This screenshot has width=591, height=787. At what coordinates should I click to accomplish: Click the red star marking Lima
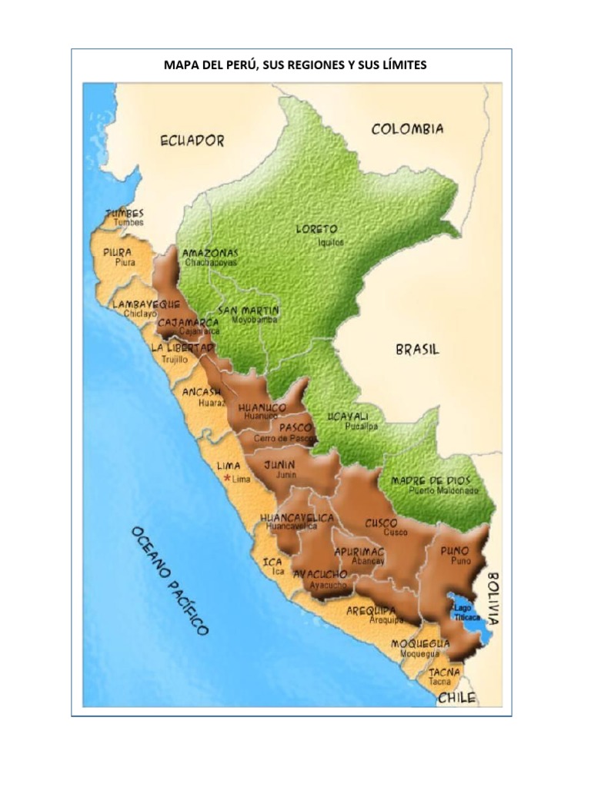(x=227, y=478)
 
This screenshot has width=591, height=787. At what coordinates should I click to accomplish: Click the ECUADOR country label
(x=192, y=141)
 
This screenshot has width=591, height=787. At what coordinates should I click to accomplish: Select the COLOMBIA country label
(x=407, y=129)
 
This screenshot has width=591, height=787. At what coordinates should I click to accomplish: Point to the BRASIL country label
(x=418, y=350)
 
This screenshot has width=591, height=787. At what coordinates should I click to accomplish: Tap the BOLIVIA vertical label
(x=492, y=598)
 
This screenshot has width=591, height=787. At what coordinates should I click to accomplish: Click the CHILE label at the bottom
(x=456, y=698)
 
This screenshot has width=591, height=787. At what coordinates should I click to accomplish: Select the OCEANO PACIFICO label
(x=169, y=580)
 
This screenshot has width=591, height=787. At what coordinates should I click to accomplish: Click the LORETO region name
(x=316, y=229)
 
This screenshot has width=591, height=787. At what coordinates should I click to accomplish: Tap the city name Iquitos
(x=332, y=242)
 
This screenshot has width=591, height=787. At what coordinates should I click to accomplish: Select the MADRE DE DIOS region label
(x=430, y=480)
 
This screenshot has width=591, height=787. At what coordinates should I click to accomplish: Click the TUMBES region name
(x=125, y=213)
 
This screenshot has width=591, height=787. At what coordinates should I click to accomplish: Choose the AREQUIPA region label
(x=371, y=610)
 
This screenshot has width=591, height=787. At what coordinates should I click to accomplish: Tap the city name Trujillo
(x=174, y=359)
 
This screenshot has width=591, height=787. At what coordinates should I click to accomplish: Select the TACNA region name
(x=444, y=672)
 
